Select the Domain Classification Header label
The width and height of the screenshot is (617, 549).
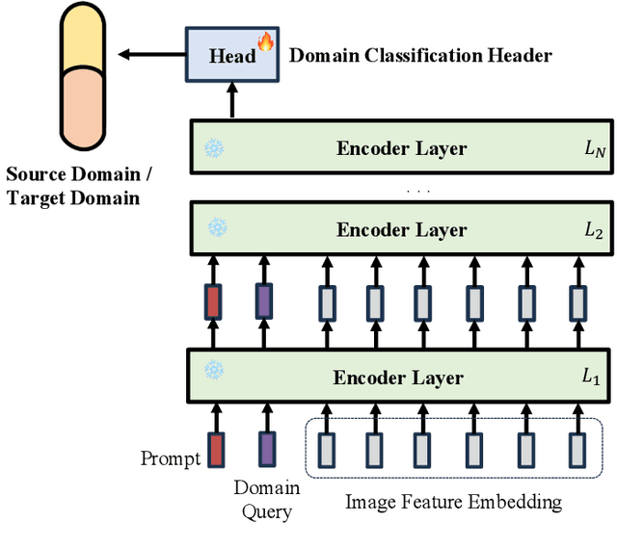(x=421, y=55)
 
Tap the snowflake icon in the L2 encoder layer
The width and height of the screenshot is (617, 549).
(x=218, y=229)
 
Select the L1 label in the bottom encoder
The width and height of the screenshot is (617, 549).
(x=590, y=378)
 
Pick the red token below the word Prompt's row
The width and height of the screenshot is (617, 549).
(x=216, y=448)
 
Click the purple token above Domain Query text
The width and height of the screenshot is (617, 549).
(x=266, y=448)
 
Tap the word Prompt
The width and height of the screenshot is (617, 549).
(x=170, y=457)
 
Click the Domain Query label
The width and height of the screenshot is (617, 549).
(x=266, y=499)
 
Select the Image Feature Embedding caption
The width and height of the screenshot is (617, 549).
(x=453, y=502)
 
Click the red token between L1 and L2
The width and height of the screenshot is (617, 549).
(x=213, y=301)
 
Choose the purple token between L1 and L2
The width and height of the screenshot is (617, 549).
(x=263, y=301)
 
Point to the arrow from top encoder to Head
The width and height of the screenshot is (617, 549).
(x=231, y=100)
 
